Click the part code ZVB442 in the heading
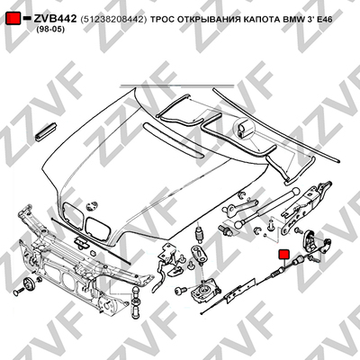[x=55, y=19]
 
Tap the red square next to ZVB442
[x=13, y=19]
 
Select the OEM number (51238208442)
[x=113, y=20]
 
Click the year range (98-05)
[x=50, y=30]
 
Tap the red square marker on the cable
[x=283, y=254]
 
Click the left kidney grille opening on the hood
[x=72, y=213]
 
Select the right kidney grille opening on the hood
[x=98, y=229]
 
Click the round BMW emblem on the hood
[x=91, y=206]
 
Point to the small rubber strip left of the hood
[x=46, y=131]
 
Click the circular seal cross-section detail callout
[x=244, y=129]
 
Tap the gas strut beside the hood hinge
[x=267, y=206]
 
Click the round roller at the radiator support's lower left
[x=30, y=284]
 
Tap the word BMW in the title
[x=292, y=20]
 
